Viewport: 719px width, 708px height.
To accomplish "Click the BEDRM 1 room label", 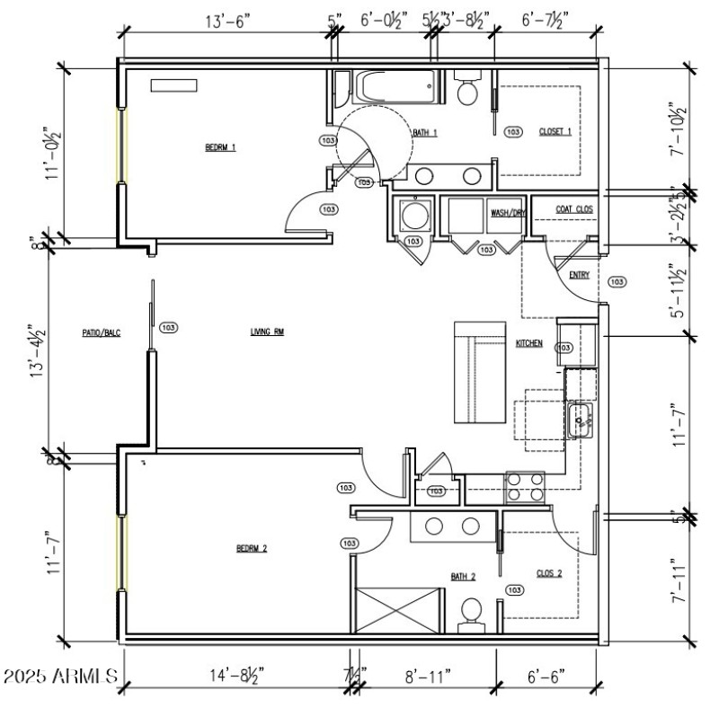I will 220,148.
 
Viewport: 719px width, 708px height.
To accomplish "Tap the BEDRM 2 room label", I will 252,549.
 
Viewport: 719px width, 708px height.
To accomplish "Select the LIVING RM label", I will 267,332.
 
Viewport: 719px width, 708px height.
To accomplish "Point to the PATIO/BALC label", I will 101,332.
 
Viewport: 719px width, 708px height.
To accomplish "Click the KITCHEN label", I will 528,344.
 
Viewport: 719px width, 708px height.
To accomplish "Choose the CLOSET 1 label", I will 555,132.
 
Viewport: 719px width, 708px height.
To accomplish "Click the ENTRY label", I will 580,275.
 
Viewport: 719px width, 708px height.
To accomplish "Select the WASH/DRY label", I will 507,213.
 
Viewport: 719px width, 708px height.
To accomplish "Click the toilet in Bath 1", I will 467,90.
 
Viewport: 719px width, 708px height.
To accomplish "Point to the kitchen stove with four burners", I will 526,486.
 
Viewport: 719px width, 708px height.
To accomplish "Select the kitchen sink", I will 581,419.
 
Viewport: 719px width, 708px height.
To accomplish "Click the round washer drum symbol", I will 414,217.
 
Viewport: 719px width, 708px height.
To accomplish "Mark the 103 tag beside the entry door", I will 617,282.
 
